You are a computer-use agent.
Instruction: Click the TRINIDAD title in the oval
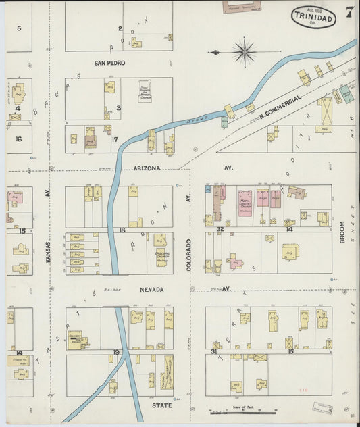tap(314, 18)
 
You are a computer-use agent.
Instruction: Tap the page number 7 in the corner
tap(349, 11)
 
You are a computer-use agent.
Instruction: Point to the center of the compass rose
tap(244, 51)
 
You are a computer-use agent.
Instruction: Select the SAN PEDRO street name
tap(109, 63)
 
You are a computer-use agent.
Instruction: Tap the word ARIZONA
tap(148, 167)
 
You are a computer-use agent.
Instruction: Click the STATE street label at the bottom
tap(161, 405)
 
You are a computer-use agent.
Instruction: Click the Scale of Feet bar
tap(243, 410)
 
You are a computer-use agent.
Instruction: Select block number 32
tap(220, 230)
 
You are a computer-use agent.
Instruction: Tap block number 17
tap(115, 140)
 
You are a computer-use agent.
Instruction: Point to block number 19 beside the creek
tap(117, 353)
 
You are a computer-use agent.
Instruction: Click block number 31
tap(213, 352)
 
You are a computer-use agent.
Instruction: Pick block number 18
tap(122, 230)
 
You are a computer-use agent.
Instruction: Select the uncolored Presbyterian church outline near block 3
tap(145, 94)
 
